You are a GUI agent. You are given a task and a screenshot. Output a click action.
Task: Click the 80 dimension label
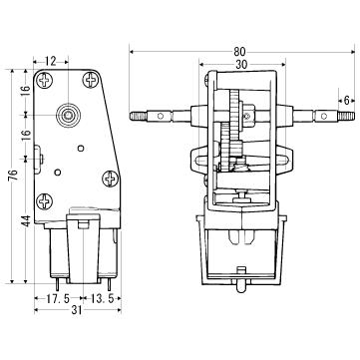click(x=239, y=52)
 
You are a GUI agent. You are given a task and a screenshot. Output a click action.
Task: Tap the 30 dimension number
click(x=241, y=65)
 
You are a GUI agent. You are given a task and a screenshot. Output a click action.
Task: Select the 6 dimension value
click(x=347, y=100)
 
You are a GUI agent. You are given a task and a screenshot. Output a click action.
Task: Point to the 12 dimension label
click(x=51, y=61)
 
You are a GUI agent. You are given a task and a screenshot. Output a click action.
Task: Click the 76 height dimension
click(x=12, y=176)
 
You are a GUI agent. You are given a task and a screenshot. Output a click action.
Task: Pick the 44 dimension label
click(x=27, y=220)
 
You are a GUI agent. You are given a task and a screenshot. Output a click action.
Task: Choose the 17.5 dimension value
click(x=58, y=298)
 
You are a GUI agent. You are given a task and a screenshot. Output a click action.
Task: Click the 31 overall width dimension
click(x=77, y=310)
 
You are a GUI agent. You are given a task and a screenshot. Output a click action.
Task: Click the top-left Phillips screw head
click(x=44, y=80)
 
